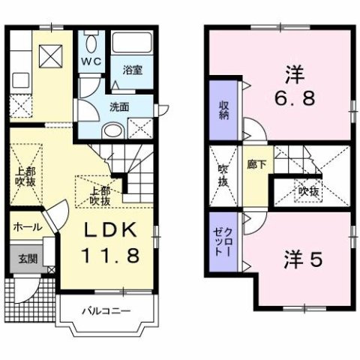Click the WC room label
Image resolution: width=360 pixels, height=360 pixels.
[90, 61]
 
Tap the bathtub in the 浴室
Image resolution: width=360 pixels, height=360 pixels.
[132, 43]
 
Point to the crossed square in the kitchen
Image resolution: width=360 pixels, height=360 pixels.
[50, 55]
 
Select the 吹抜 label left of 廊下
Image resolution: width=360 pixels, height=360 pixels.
[223, 178]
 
